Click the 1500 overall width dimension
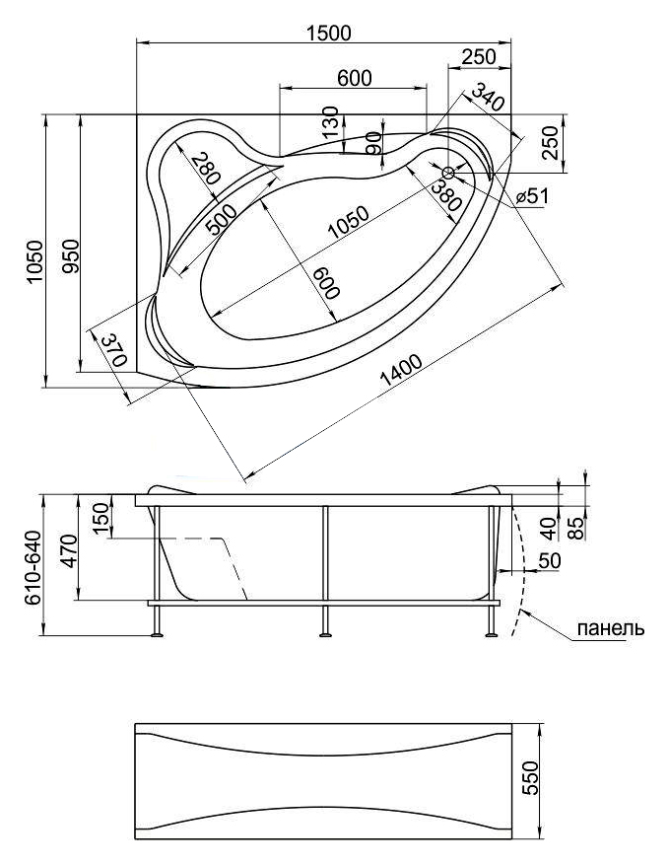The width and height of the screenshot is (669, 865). [328, 33]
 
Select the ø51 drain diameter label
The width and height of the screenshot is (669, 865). [532, 195]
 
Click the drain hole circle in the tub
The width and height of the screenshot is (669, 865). [448, 173]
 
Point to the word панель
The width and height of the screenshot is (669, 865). [610, 627]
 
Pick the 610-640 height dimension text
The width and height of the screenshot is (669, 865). [33, 567]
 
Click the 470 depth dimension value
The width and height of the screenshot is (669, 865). [69, 550]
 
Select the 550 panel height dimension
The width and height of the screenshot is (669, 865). [529, 777]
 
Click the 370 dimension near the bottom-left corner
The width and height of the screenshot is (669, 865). [114, 350]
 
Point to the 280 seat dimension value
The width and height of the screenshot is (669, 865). [206, 169]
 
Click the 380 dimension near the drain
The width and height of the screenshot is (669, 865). [445, 196]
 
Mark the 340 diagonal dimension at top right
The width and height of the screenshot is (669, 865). [487, 97]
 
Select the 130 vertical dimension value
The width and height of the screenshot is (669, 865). [330, 122]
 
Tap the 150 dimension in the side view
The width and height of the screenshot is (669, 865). [101, 519]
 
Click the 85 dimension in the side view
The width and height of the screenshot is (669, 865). [575, 528]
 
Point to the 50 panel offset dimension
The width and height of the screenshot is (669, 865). [549, 560]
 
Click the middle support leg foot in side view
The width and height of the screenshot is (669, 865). [325, 635]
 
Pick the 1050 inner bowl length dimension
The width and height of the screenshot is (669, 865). [347, 222]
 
